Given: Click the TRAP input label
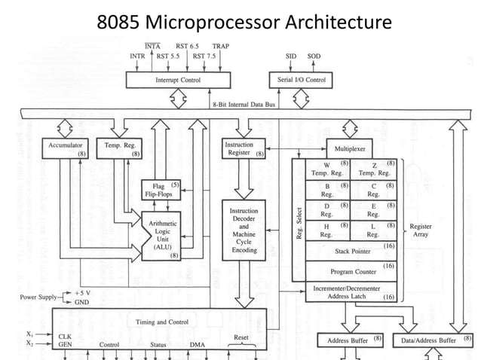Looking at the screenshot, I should coord(221,46).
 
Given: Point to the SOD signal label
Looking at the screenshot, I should coord(314,56).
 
